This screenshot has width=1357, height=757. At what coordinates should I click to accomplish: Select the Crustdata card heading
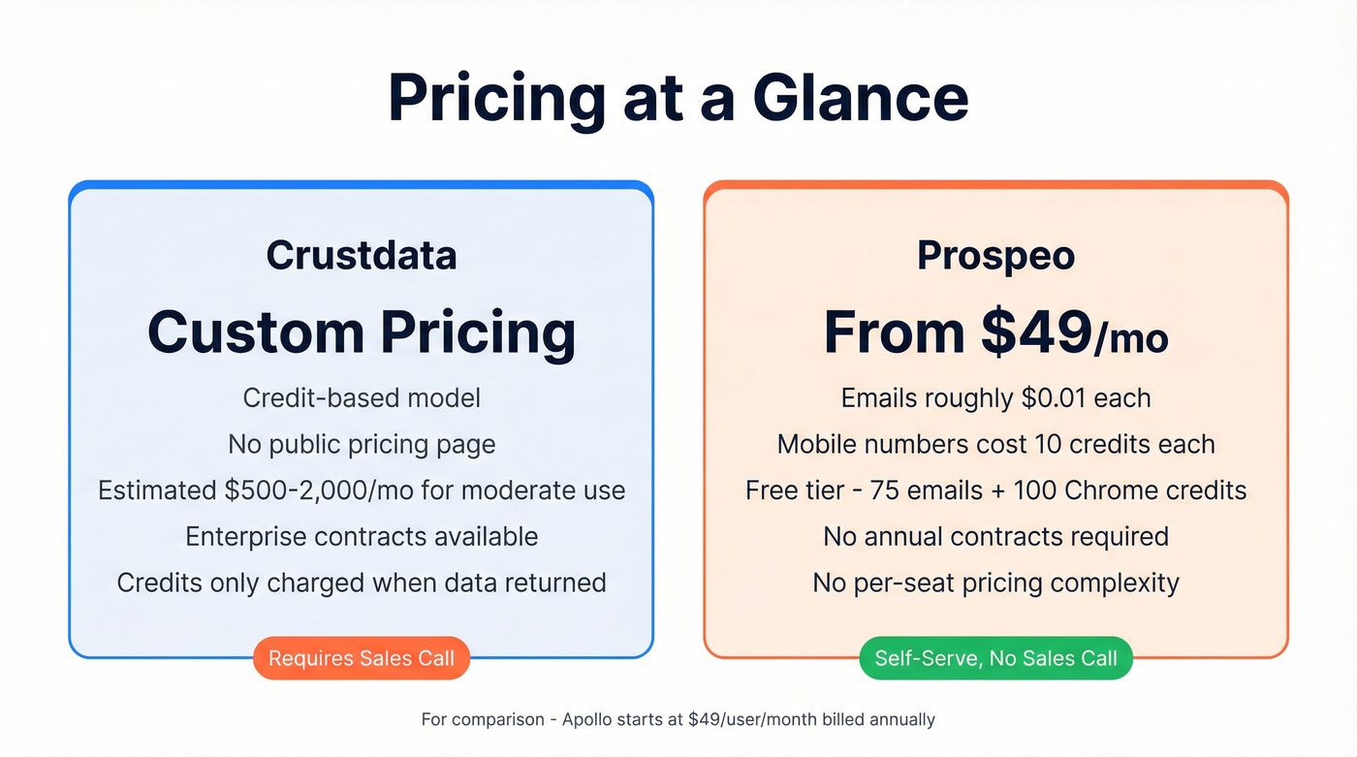point(362,255)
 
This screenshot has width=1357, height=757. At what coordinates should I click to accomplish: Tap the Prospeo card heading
point(995,255)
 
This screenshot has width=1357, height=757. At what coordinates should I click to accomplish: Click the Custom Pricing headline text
point(362,331)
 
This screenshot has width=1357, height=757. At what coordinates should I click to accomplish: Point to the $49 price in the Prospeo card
point(1036,331)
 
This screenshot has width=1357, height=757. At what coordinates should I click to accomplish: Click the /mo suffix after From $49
point(1131,339)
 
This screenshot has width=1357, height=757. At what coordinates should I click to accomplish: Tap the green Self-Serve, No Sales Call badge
point(995,658)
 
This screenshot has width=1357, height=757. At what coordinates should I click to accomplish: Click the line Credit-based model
point(362,397)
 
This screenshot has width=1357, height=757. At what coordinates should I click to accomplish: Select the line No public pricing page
point(362,444)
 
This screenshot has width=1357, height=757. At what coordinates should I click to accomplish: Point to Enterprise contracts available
point(362,536)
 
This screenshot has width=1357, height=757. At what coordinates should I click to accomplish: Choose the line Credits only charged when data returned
point(362,583)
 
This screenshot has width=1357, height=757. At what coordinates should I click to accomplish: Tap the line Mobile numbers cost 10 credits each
point(995,444)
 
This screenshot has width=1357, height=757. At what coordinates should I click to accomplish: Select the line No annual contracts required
point(995,536)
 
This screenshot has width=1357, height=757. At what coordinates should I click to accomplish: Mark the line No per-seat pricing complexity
point(995,583)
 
